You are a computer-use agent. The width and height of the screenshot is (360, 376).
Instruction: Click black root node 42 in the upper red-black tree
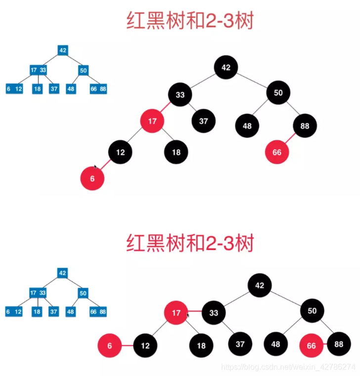point(226,68)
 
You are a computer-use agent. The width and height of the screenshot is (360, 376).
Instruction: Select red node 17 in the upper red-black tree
point(152,121)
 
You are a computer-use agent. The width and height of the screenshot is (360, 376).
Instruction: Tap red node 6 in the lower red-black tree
point(110,346)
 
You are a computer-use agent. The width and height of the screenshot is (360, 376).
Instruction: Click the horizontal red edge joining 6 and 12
point(127,346)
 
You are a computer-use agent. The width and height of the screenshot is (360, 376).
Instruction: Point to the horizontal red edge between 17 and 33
point(195,312)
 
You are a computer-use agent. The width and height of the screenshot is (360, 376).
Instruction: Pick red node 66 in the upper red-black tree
point(277,152)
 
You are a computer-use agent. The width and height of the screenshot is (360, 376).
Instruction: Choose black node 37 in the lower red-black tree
point(240,345)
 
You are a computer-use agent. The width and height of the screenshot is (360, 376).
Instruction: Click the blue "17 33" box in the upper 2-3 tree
point(38,70)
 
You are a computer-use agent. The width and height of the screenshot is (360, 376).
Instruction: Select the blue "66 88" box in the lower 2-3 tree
point(98,312)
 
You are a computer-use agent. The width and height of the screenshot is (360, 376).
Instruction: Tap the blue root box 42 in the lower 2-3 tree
point(62,273)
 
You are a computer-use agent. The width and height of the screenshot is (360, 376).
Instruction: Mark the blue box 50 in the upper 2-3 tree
point(83,70)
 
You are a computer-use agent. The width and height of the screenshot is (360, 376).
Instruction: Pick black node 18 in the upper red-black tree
point(177,152)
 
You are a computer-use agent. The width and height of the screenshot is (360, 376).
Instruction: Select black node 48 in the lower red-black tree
point(276,345)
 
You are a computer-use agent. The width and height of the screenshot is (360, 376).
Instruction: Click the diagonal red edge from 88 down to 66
point(291,139)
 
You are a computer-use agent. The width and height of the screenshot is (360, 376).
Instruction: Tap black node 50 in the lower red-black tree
point(312,311)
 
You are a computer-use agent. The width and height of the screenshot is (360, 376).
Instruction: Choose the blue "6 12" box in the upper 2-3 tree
point(14,89)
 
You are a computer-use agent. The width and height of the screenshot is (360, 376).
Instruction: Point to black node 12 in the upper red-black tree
point(121,152)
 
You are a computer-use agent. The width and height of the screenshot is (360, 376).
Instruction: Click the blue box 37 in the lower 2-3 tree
point(53,312)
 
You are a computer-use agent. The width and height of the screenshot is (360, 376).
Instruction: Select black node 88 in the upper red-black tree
point(305,126)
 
